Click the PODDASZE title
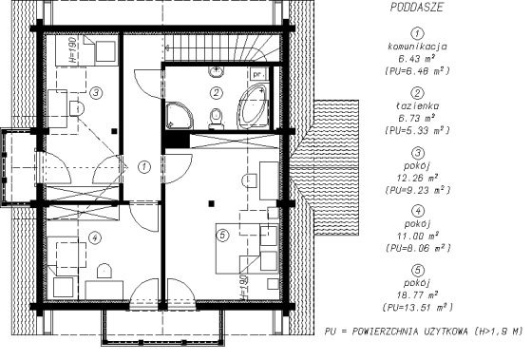417,8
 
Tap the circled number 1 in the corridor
144,166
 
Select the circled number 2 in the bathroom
217,93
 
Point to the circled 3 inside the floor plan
96,92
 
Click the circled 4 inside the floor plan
95,237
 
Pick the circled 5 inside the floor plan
222,235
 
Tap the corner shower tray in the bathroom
180,115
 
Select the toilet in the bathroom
216,119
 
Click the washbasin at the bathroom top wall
216,72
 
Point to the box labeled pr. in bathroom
259,73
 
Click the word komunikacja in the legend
418,47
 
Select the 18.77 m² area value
418,295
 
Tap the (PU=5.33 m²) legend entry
418,130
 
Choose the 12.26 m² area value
418,178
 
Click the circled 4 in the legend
418,211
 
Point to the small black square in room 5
211,203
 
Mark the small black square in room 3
114,131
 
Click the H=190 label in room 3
73,49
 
